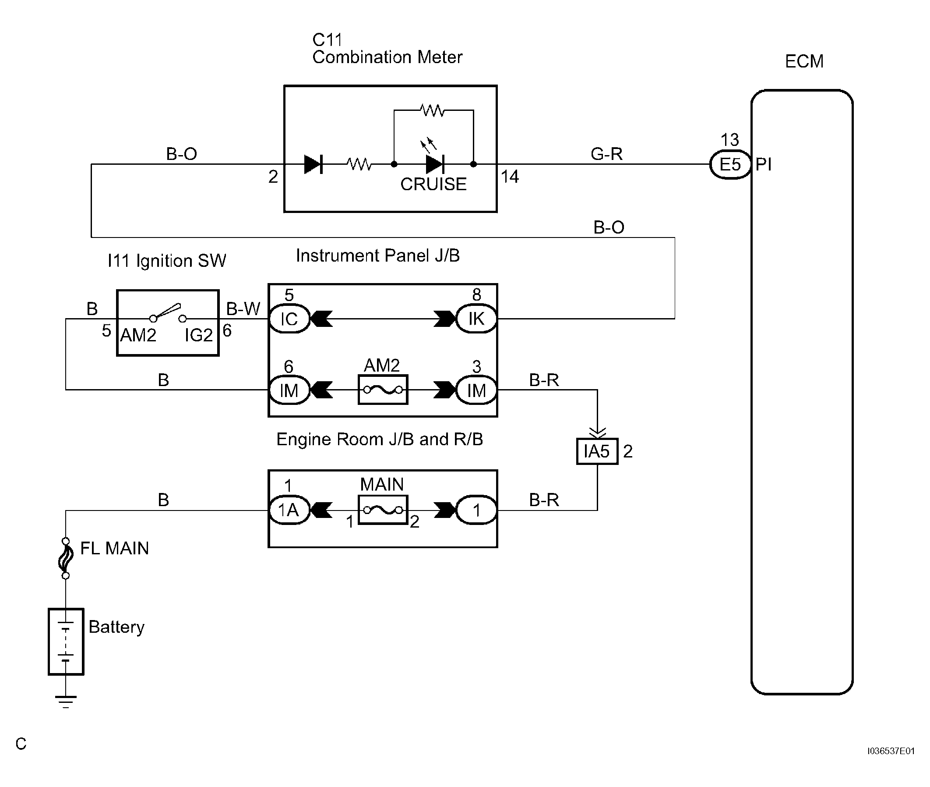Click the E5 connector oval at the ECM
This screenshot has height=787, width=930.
pyautogui.click(x=730, y=164)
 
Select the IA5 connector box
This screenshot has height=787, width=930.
pyautogui.click(x=597, y=451)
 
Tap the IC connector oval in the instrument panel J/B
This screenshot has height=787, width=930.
pyautogui.click(x=289, y=319)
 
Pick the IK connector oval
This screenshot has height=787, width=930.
pyautogui.click(x=476, y=319)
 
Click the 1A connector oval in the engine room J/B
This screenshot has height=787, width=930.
pyautogui.click(x=289, y=510)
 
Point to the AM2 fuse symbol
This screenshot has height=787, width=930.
pyautogui.click(x=383, y=390)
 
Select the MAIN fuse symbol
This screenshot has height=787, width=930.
pyautogui.click(x=383, y=510)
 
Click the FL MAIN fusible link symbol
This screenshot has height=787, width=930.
pyautogui.click(x=66, y=558)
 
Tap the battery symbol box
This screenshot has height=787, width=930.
pyautogui.click(x=66, y=642)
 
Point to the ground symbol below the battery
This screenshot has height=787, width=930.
pyautogui.click(x=66, y=702)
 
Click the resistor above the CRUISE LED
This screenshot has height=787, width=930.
pyautogui.click(x=433, y=110)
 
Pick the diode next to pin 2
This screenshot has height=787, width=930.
pyautogui.click(x=313, y=164)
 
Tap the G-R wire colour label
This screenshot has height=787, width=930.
pyautogui.click(x=606, y=154)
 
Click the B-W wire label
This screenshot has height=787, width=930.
pyautogui.click(x=243, y=308)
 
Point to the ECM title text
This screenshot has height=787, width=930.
pyautogui.click(x=804, y=61)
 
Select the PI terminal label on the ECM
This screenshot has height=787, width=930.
pyautogui.click(x=763, y=164)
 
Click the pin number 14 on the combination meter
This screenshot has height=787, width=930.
pyautogui.click(x=510, y=177)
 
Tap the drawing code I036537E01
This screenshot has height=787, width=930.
pyautogui.click(x=891, y=751)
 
